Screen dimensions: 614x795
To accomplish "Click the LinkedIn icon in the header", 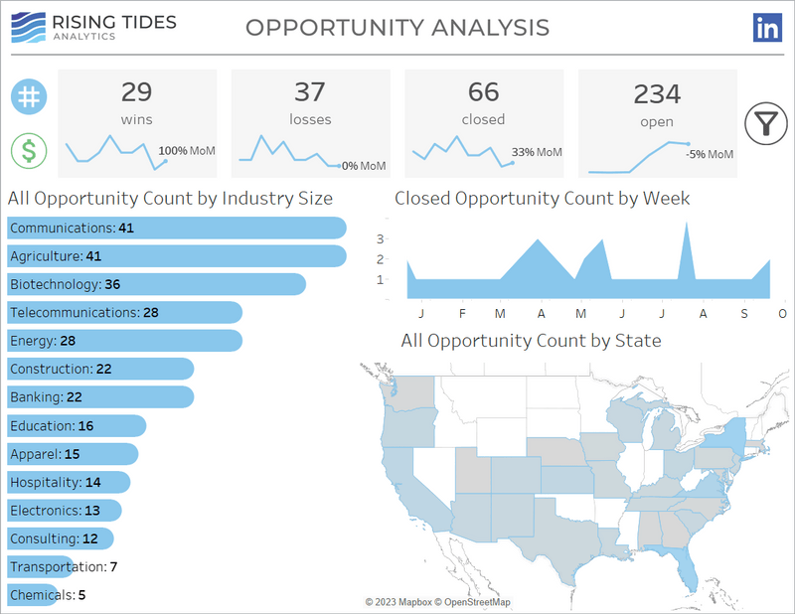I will click(x=768, y=28).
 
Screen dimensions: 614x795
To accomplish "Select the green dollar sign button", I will click(x=30, y=151).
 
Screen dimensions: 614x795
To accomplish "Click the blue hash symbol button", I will click(x=30, y=96).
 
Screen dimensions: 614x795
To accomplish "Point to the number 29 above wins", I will click(x=137, y=92).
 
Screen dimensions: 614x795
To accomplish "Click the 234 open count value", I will click(x=657, y=94).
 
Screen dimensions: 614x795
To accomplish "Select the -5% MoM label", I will click(x=710, y=154).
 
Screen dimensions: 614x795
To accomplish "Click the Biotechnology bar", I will click(x=156, y=284).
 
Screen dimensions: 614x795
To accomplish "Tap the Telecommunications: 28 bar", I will click(x=124, y=312).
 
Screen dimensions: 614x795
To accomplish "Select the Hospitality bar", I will click(x=69, y=482).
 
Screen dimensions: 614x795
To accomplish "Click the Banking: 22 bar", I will click(x=100, y=397).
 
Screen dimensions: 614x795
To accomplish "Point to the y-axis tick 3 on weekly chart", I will click(x=380, y=238).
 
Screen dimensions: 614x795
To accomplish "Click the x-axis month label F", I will click(x=462, y=314).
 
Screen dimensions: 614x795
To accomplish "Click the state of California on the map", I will click(x=401, y=497).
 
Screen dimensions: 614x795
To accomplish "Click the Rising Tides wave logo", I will click(x=31, y=27).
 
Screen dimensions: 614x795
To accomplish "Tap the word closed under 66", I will click(x=483, y=119).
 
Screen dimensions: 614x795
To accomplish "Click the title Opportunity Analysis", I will click(x=397, y=27).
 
